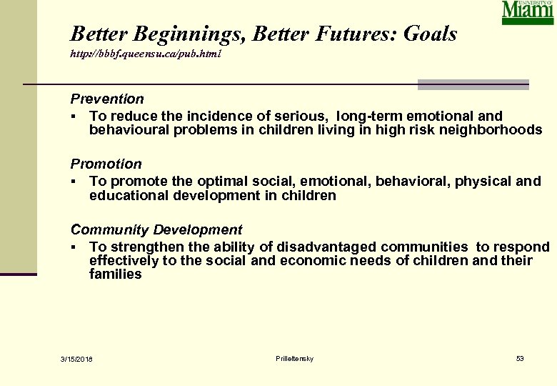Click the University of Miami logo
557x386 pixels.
[527, 12]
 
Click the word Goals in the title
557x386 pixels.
[430, 34]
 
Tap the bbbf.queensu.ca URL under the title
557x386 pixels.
[146, 54]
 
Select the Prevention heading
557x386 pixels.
[106, 99]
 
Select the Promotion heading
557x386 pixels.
[106, 164]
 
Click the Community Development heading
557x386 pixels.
[156, 229]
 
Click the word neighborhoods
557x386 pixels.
[492, 129]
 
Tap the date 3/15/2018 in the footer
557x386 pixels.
[76, 358]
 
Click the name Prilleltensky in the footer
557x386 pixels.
[293, 357]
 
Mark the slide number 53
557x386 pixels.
[520, 357]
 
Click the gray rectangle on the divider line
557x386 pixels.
[473, 85]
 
